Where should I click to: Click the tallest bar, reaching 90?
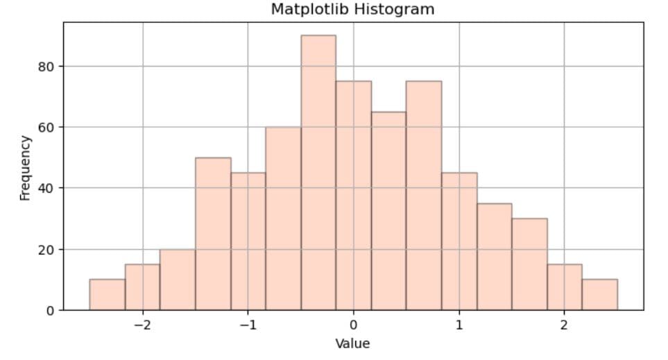318,173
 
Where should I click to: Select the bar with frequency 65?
388,211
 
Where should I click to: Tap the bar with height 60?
283,218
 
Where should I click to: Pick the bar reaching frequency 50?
213,234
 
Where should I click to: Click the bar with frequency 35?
494,257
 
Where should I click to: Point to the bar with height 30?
529,264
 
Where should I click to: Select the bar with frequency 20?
178,280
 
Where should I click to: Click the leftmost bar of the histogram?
108,295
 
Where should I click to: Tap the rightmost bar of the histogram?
599,295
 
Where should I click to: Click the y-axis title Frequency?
26,167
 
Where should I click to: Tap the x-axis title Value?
352,343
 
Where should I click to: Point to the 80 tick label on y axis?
46,67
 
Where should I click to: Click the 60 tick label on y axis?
46,128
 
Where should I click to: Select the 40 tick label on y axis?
46,188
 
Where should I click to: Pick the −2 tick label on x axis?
142,325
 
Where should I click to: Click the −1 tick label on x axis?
247,325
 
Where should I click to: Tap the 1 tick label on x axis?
459,325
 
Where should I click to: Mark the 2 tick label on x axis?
564,325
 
